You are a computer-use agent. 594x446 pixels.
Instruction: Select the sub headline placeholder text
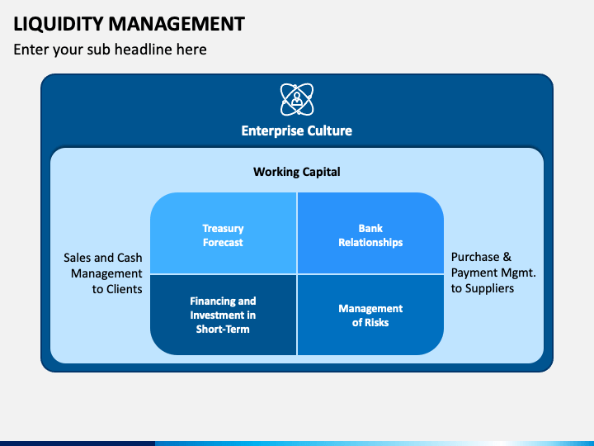tap(110, 50)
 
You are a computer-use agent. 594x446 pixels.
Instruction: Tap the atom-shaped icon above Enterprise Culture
tap(296, 100)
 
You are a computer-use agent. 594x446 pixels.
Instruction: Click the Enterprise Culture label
tap(296, 130)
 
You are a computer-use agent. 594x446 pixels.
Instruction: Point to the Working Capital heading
tap(296, 172)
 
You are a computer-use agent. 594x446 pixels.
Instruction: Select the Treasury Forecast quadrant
tap(224, 235)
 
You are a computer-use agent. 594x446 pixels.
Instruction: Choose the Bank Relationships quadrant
tap(370, 235)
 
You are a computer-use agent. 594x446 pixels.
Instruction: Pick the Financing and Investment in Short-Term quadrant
tap(224, 315)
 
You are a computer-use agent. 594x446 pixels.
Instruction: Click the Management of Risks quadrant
tap(370, 315)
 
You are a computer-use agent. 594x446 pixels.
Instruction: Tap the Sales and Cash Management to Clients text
tap(103, 273)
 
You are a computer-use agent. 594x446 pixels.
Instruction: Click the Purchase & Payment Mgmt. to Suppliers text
tap(493, 273)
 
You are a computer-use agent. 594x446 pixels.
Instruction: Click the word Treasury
tap(224, 228)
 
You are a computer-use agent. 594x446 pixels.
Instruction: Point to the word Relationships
tap(370, 243)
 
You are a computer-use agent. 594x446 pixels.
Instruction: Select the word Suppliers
tap(490, 288)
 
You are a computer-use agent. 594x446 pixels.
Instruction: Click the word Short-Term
tap(223, 329)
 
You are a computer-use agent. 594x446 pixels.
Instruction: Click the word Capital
tap(318, 172)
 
